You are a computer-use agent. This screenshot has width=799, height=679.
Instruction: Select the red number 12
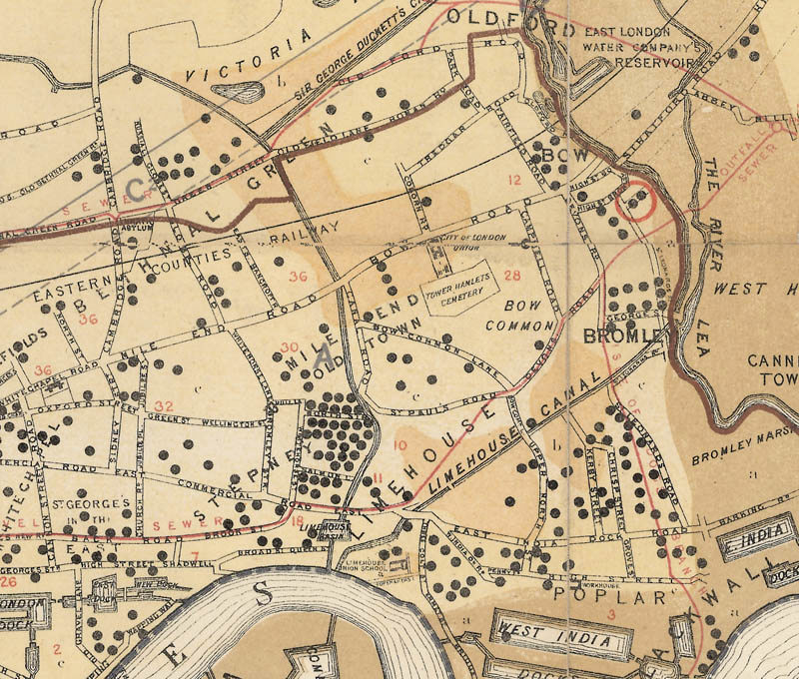tap(515, 181)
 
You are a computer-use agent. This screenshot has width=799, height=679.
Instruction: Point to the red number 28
tap(513, 276)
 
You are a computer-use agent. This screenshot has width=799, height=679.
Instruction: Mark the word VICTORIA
tap(256, 55)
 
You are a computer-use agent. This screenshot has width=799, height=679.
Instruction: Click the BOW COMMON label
tap(519, 315)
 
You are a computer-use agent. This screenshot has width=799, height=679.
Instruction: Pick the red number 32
tap(165, 406)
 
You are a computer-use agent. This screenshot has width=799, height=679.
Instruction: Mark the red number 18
tap(297, 519)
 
